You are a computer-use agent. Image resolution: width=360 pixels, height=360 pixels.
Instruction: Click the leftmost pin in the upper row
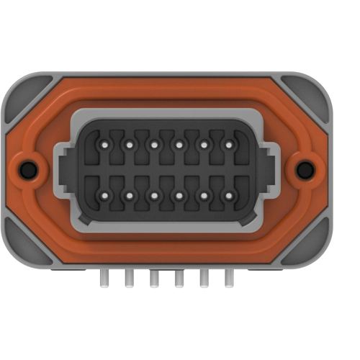(x=104, y=145)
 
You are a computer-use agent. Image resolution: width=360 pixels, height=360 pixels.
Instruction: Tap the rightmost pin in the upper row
(x=229, y=145)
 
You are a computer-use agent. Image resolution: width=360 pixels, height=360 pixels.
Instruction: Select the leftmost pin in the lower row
(x=104, y=194)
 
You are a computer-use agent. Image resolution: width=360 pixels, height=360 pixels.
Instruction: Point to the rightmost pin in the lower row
(x=229, y=194)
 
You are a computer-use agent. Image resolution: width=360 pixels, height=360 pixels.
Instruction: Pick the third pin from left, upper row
(x=154, y=145)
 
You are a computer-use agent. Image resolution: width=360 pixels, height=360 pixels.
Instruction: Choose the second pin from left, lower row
(x=130, y=194)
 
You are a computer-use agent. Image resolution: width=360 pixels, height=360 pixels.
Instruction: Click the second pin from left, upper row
(x=130, y=145)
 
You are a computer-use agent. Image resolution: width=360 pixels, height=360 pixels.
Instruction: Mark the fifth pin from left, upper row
(x=204, y=145)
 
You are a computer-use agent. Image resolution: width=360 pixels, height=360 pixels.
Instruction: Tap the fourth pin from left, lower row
(x=179, y=194)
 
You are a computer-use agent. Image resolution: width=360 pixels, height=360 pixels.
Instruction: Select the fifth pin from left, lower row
(x=204, y=194)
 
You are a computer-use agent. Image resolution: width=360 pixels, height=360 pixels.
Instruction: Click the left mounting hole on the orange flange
(x=28, y=170)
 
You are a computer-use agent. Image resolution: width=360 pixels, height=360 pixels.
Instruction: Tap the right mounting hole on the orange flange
(x=305, y=170)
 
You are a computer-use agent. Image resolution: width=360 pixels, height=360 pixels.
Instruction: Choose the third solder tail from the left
(x=154, y=277)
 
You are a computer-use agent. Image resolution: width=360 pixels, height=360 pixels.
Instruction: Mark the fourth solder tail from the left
(x=179, y=277)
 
